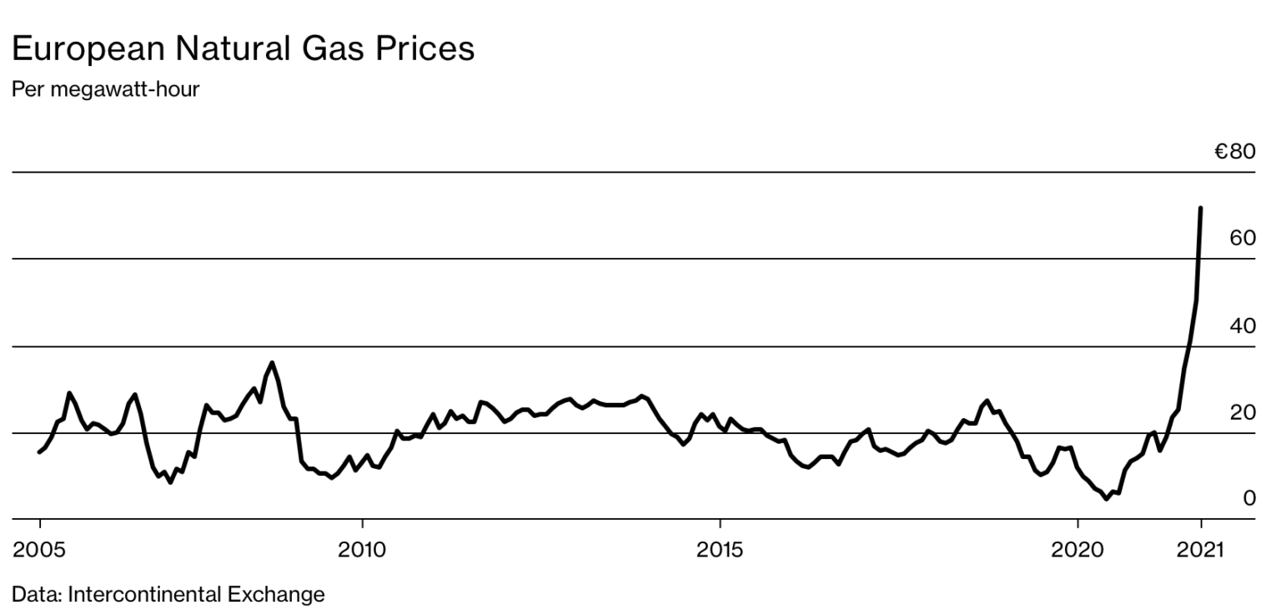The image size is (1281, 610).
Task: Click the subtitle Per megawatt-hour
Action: [x=105, y=89]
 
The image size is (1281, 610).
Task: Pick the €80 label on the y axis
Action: [x=1234, y=152]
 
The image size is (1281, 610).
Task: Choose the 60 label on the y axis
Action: [x=1242, y=239]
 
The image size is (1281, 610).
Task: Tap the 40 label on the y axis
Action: [x=1242, y=326]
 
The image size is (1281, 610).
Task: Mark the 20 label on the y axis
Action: [x=1242, y=413]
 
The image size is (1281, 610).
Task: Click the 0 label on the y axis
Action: [x=1248, y=499]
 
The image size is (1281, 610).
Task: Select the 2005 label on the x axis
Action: [x=39, y=550]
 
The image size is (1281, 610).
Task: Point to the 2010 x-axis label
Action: [x=362, y=550]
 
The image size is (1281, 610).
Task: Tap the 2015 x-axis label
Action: [x=720, y=550]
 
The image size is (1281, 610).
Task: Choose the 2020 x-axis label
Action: [x=1078, y=550]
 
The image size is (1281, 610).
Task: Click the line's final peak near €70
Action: [x=1200, y=208]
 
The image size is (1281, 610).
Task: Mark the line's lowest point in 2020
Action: [x=1107, y=498]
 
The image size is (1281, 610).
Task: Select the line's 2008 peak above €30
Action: [x=272, y=363]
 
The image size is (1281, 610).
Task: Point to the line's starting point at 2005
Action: [x=39, y=452]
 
